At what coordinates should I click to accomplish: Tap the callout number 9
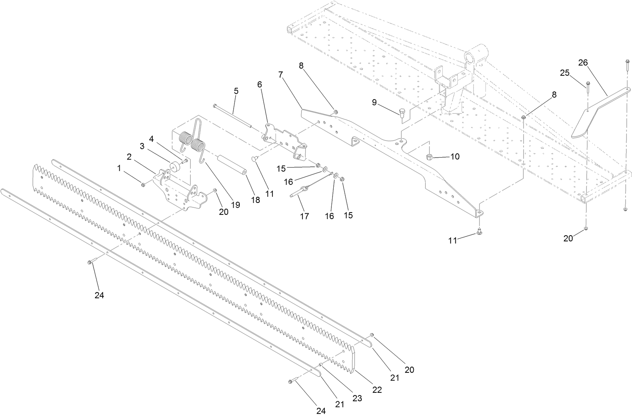tap(375, 102)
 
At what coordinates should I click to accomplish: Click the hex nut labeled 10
tap(430, 156)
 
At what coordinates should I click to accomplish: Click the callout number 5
tap(236, 91)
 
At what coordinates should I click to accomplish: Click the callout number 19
tap(236, 205)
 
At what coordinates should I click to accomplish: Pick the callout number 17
tap(304, 216)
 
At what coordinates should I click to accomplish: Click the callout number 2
tap(129, 156)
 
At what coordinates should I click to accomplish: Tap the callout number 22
tap(377, 389)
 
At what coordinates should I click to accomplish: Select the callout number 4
tap(151, 138)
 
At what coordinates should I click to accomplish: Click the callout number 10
tap(455, 157)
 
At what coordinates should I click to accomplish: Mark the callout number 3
tap(142, 146)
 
